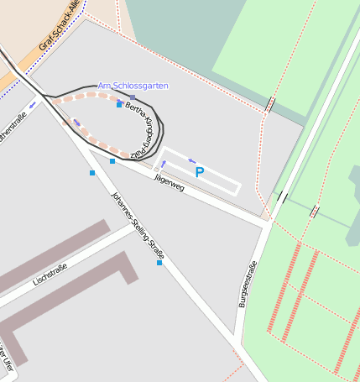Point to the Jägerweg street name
(169, 182)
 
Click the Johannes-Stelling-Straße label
(138, 224)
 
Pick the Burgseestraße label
(247, 285)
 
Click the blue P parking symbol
(199, 173)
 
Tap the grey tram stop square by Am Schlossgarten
(132, 97)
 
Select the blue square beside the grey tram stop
(119, 105)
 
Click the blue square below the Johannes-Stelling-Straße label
(159, 263)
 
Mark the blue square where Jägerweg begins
(112, 161)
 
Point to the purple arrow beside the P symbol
(191, 160)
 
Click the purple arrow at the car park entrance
(164, 163)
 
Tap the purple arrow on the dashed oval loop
(77, 123)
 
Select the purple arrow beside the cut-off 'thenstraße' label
(33, 105)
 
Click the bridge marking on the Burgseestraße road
(282, 197)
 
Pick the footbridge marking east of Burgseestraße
(314, 212)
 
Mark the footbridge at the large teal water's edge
(270, 105)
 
